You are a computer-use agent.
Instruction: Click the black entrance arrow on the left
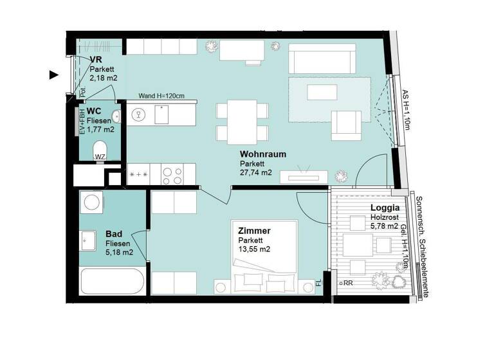[x=54, y=75]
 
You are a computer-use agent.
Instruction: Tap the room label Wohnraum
[x=263, y=155]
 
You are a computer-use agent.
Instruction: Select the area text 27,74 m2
[x=255, y=173]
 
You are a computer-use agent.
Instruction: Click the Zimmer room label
[x=253, y=231]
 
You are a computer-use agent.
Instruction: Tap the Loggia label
[x=385, y=208]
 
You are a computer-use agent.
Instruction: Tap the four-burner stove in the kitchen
[x=173, y=174]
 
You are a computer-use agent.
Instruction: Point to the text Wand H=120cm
[x=161, y=96]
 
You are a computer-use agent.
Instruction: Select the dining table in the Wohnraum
[x=242, y=122]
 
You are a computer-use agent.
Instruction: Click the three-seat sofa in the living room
[x=322, y=59]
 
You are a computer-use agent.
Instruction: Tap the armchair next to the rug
[x=345, y=124]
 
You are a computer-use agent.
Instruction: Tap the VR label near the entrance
[x=96, y=60]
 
